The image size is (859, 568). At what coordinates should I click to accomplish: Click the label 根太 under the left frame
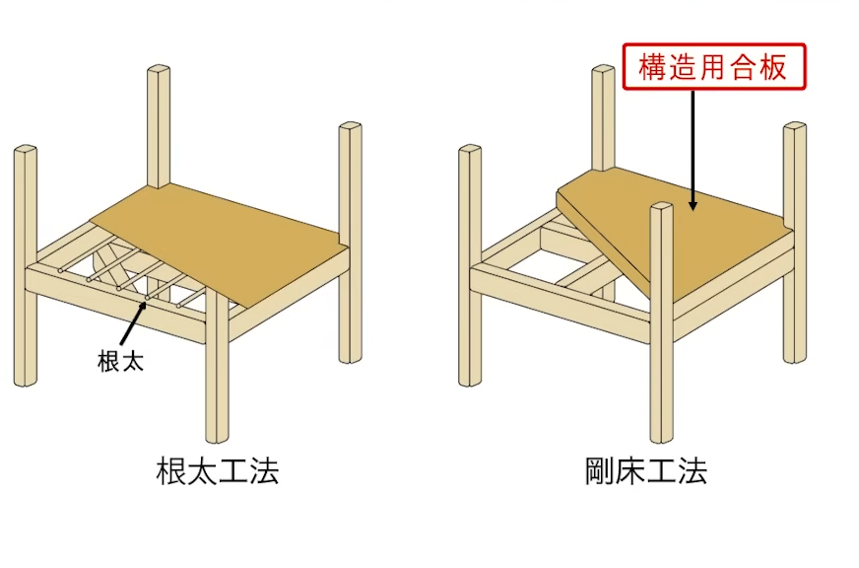[120, 361]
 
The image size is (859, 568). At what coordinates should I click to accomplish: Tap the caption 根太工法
[218, 470]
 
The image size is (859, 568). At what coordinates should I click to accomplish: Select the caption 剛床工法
[645, 470]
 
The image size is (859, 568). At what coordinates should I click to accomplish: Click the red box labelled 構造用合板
[713, 67]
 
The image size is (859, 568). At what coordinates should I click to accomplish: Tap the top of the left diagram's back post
[160, 71]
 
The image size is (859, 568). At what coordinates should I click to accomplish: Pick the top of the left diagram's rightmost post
[350, 127]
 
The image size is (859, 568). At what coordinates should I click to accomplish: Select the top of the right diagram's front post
[662, 208]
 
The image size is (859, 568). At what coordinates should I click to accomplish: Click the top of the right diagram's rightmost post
[796, 127]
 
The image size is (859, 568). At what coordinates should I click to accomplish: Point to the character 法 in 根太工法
[263, 470]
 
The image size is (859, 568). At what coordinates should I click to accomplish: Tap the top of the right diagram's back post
[605, 71]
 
